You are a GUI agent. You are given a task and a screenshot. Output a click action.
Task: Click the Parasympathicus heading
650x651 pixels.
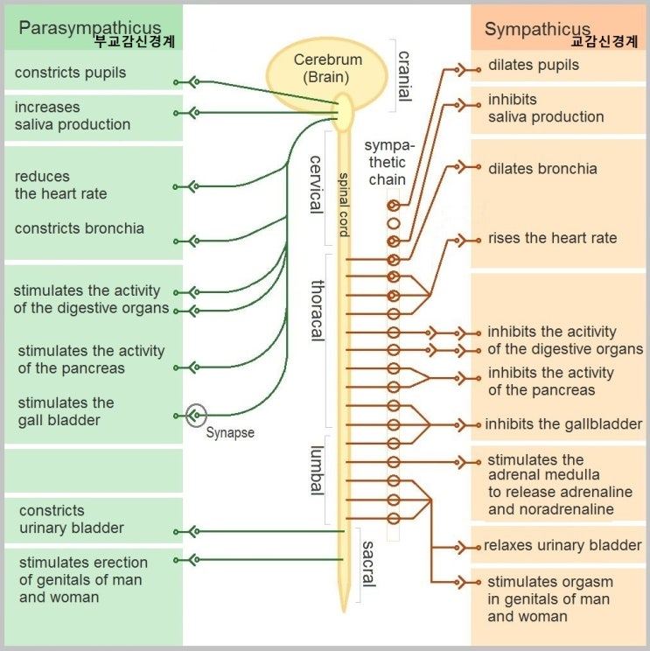pos(89,28)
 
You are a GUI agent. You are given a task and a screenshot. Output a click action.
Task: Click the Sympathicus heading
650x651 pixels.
pos(537,29)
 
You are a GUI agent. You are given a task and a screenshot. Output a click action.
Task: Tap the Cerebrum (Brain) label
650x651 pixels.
pos(327,68)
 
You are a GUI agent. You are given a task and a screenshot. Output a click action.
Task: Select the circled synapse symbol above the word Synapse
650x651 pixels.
pos(196,415)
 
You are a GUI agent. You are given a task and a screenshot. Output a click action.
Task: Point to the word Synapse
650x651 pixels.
pos(230,432)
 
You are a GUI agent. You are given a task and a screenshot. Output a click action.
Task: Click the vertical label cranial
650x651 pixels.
pos(404,76)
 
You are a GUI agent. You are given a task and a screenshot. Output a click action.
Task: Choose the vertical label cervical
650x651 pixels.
pos(317,185)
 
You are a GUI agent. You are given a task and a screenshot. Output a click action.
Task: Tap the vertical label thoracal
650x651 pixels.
pos(318,311)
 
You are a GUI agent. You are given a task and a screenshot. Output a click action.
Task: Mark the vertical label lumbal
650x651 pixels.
pos(317,471)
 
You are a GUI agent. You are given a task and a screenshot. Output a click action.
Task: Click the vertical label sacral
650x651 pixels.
pos(368,563)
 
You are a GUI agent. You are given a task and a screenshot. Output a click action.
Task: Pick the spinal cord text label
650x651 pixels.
pos(344,205)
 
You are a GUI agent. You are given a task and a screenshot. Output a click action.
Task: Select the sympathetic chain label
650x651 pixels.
pos(388,163)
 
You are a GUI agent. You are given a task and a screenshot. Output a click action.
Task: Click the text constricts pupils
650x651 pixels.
pos(70,73)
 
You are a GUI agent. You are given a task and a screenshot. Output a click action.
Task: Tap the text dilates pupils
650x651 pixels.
pos(534,65)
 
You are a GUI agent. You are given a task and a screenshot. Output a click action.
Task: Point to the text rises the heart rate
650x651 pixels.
pos(553,238)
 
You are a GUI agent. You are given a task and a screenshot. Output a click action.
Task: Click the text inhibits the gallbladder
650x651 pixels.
pos(563,423)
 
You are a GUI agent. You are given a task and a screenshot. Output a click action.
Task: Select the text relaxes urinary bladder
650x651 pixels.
pos(563,545)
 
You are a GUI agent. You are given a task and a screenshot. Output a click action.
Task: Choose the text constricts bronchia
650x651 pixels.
pos(80,228)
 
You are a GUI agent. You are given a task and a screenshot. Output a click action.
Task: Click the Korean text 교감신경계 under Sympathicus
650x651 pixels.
pos(604,41)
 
